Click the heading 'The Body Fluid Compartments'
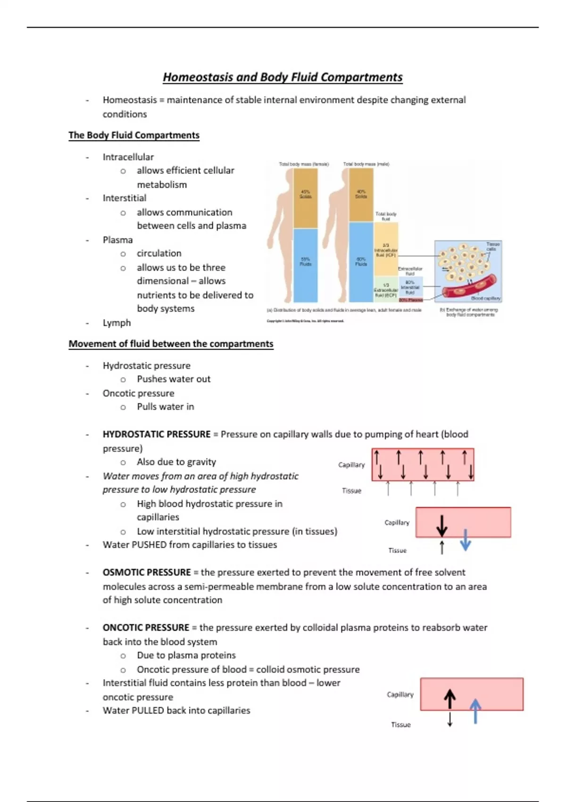pyautogui.click(x=134, y=135)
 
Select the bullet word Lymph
pyautogui.click(x=117, y=323)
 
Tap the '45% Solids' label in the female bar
pyautogui.click(x=306, y=194)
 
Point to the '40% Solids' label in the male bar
pyautogui.click(x=361, y=194)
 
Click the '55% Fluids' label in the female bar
pyautogui.click(x=306, y=261)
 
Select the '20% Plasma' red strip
pyautogui.click(x=410, y=300)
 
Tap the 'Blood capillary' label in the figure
pyautogui.click(x=486, y=298)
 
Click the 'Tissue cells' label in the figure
pyautogui.click(x=492, y=246)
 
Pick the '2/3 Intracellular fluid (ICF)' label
pyautogui.click(x=386, y=250)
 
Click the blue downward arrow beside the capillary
pyautogui.click(x=466, y=540)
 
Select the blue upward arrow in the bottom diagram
pyautogui.click(x=475, y=711)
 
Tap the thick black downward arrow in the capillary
pyautogui.click(x=442, y=525)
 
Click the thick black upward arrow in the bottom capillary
pyautogui.click(x=450, y=699)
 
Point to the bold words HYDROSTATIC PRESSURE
pyautogui.click(x=157, y=434)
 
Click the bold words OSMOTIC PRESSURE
pyautogui.click(x=147, y=572)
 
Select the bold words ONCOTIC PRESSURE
pyautogui.click(x=146, y=627)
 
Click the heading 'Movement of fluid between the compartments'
pyautogui.click(x=171, y=344)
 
